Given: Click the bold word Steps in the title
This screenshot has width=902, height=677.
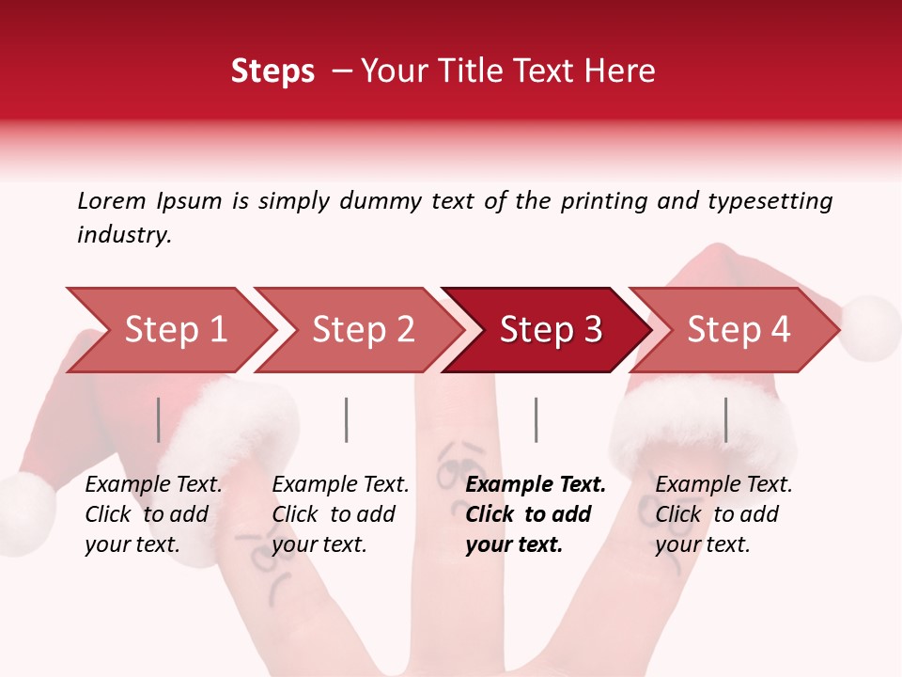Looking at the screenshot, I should pos(272,71).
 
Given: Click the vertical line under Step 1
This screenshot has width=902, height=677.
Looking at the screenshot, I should pos(159,419).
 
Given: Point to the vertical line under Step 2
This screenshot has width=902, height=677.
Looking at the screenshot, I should pos(347,419).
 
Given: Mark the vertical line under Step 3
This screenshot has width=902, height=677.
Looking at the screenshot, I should pos(536,419).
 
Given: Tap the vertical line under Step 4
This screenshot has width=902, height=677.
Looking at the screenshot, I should pos(725,419).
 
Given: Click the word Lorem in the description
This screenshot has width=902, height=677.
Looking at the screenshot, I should pos(112,200).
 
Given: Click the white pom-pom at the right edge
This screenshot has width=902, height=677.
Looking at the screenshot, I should pos(870,327).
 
